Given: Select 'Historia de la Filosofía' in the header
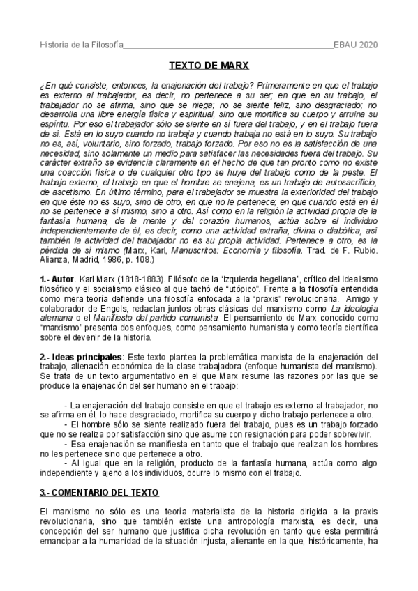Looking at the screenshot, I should coord(80,45).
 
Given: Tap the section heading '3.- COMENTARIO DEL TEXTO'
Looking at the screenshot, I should coord(99,493).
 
